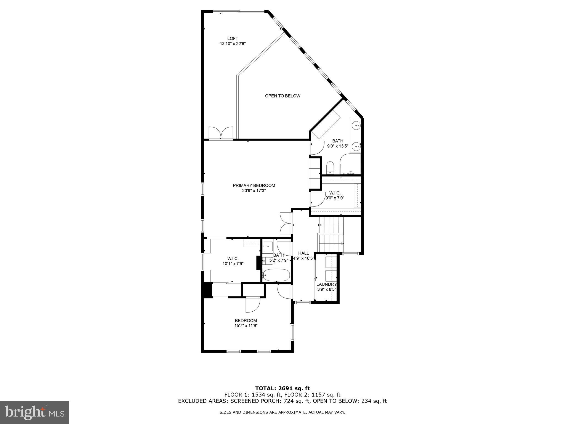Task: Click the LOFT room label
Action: pos(233,39)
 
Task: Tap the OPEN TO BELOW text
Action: pos(282,96)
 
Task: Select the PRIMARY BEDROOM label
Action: pos(254,185)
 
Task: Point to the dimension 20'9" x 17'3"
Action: pos(254,190)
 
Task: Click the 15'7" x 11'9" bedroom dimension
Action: pos(246,325)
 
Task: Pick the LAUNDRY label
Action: pos(326,284)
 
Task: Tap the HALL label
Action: pos(303,253)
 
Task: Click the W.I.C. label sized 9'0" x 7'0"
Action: pos(335,193)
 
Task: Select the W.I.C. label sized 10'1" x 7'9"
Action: pos(233,258)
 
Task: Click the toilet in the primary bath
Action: pos(330,168)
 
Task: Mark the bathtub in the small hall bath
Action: pos(276,275)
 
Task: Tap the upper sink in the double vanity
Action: pos(357,126)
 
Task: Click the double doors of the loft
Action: pos(221,133)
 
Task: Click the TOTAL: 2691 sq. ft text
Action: pos(282,388)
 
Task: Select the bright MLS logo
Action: pos(34,412)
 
